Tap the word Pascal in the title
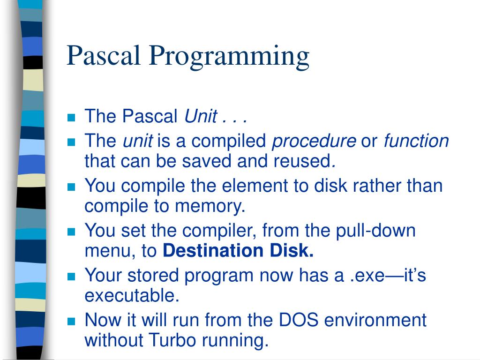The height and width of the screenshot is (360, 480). coord(104,55)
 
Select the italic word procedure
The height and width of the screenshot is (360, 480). coord(314,141)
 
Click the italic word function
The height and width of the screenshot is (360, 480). coord(416,141)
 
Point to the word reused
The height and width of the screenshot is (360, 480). coord(304,161)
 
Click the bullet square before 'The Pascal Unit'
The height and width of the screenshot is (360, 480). coord(71,117)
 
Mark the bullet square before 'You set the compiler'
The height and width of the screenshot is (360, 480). coord(71,232)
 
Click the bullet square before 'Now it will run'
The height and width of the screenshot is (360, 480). coord(71,322)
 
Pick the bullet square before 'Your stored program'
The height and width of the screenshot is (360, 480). coord(71,277)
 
